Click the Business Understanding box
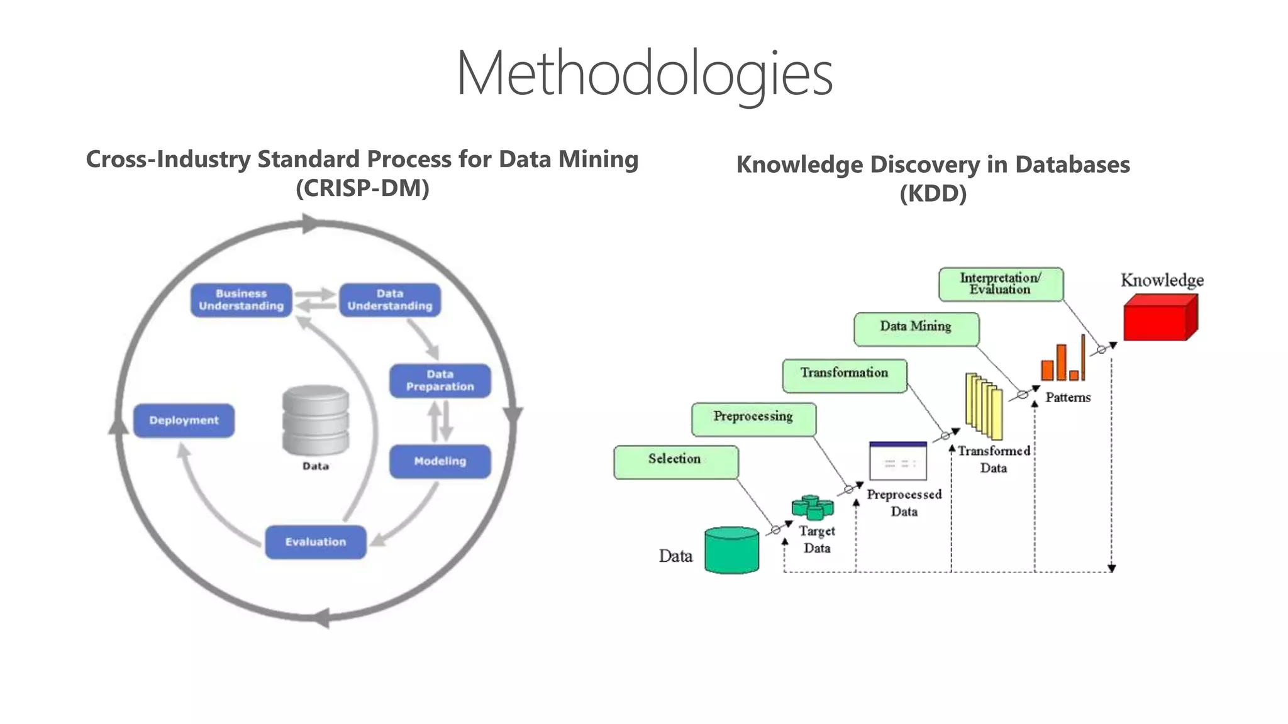(241, 300)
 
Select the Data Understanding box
(390, 300)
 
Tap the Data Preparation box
(440, 380)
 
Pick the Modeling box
(440, 461)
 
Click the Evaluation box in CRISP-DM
(315, 542)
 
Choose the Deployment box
(184, 420)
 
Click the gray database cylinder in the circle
(315, 420)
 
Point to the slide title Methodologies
(644, 74)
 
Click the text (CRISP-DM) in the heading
(362, 188)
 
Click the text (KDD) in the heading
(933, 193)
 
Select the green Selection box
(675, 462)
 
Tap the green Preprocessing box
(753, 419)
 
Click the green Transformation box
(844, 376)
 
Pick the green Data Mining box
(916, 329)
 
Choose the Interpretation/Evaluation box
(1000, 284)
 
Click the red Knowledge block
(1159, 318)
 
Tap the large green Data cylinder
(731, 551)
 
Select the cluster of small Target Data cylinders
(813, 507)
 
